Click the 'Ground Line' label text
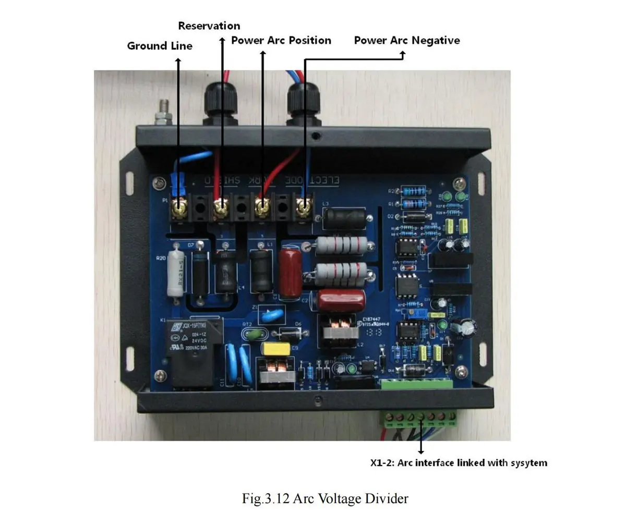160,46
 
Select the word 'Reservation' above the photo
209,26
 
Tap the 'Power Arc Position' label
281,40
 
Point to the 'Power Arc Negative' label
407,40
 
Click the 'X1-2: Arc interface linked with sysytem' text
459,462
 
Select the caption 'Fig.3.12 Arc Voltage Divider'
324,498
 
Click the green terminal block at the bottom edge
420,417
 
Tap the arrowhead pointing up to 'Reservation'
222,40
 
